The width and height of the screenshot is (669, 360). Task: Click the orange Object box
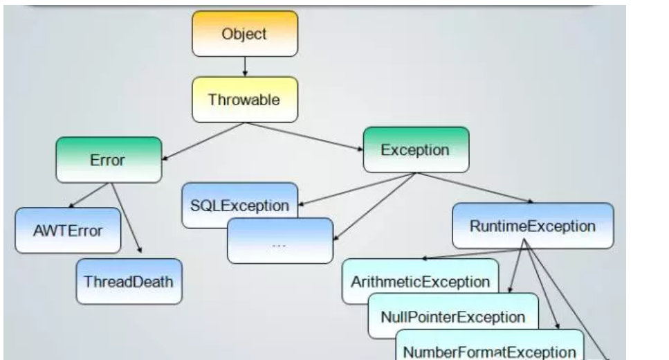tap(245, 33)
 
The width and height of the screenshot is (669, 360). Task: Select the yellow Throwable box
tap(244, 100)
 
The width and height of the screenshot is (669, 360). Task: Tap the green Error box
tap(109, 160)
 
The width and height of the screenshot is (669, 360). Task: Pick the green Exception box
tap(416, 150)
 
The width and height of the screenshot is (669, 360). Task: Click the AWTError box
tap(58, 230)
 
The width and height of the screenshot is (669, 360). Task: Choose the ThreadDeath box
tap(129, 282)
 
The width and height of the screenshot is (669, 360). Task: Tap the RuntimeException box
tap(533, 226)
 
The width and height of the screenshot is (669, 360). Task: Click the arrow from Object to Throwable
tap(245, 66)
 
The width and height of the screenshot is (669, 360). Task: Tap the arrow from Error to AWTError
tap(91, 195)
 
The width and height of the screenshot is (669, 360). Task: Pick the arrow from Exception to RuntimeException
tap(474, 188)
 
